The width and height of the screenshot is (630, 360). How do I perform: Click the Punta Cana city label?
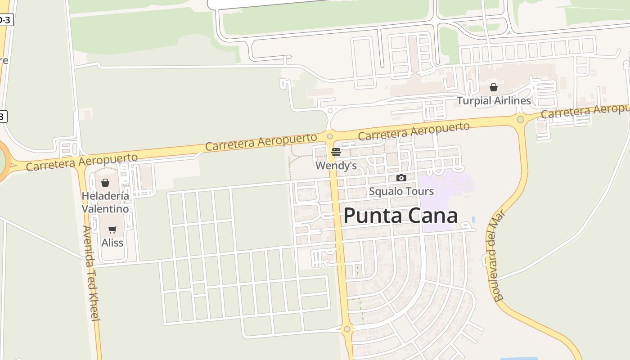pyautogui.click(x=400, y=216)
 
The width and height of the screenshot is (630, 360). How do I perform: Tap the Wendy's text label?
pyautogui.click(x=336, y=166)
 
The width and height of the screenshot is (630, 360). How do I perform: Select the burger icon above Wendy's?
pyautogui.click(x=336, y=152)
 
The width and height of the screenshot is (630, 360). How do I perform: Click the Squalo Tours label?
pyautogui.click(x=401, y=191)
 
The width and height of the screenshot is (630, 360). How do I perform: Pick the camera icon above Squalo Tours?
pyautogui.click(x=401, y=178)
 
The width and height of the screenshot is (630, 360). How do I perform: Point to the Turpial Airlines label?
pyautogui.click(x=494, y=100)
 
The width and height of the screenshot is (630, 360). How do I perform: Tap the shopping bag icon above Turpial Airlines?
pyautogui.click(x=494, y=87)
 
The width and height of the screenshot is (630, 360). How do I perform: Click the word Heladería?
pyautogui.click(x=105, y=196)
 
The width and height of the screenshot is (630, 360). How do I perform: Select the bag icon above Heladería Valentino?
pyautogui.click(x=105, y=183)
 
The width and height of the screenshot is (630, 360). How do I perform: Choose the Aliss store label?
pyautogui.click(x=112, y=243)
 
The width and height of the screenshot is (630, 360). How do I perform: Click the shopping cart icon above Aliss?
pyautogui.click(x=112, y=230)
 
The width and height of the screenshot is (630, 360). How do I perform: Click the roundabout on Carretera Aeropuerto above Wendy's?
pyautogui.click(x=330, y=136)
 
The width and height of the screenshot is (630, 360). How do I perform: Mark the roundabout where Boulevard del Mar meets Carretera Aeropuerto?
pyautogui.click(x=521, y=119)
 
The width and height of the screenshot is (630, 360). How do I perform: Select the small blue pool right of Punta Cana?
pyautogui.click(x=473, y=219)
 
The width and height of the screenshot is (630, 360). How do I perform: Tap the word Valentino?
pyautogui.click(x=105, y=209)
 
